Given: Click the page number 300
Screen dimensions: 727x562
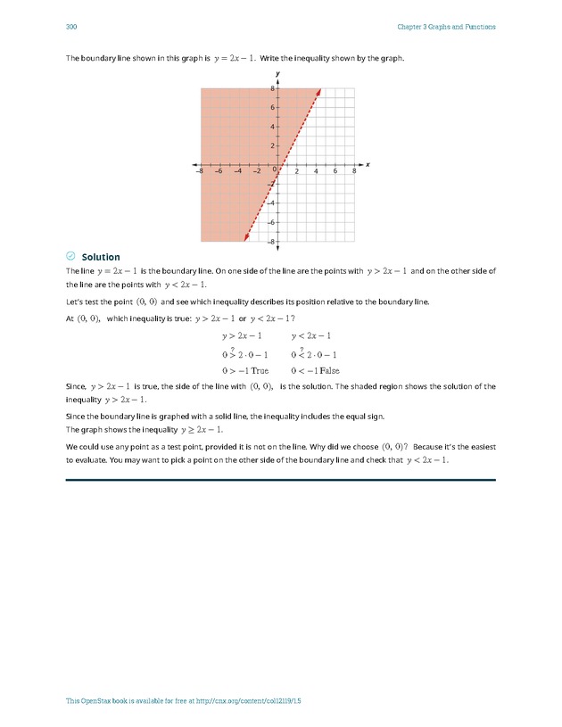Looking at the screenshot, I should [71, 27].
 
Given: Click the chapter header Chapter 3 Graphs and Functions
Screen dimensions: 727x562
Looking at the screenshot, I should [446, 27].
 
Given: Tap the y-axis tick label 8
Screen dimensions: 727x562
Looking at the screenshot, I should [272, 88].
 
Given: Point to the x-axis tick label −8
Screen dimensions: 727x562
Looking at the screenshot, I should [201, 171].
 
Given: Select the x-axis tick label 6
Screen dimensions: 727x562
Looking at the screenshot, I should [335, 171].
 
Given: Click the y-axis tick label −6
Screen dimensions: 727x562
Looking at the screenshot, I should [271, 222].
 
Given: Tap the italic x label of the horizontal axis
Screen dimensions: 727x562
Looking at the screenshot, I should [368, 165].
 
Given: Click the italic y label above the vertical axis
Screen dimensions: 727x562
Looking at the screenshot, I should [277, 73].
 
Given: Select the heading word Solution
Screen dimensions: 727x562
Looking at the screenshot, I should [101, 258].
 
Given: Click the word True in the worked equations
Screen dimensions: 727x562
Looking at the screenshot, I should [259, 370].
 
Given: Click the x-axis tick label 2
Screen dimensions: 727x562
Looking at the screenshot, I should [297, 171].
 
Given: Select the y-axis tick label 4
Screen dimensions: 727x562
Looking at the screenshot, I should [272, 127].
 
